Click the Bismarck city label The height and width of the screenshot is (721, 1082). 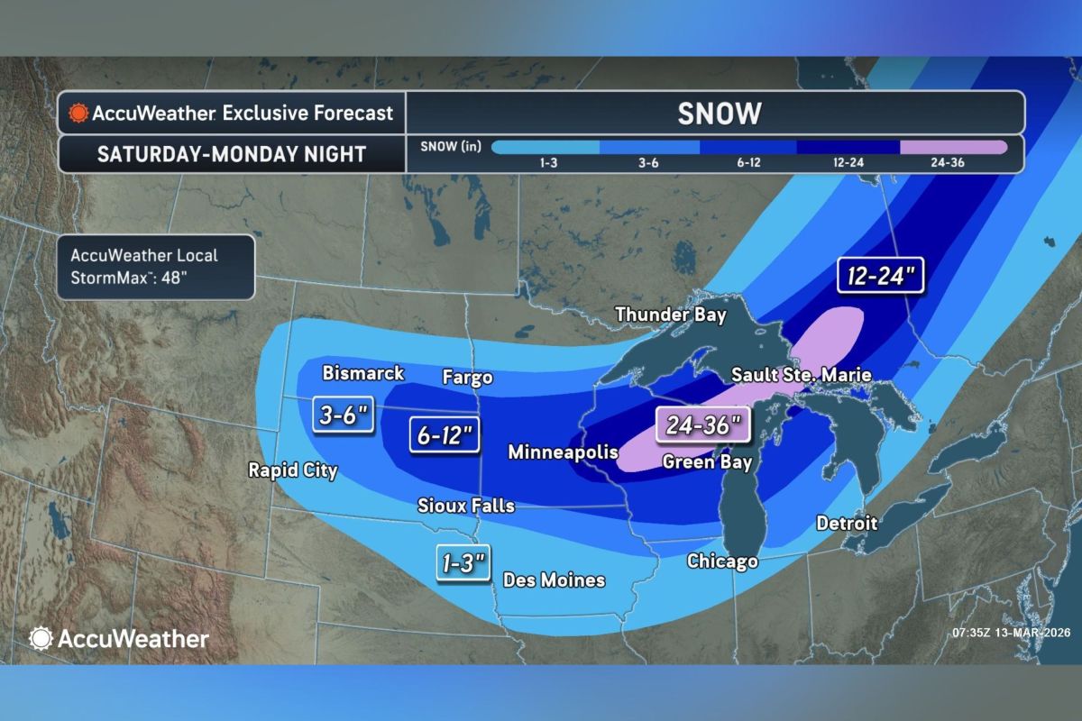[x=363, y=373]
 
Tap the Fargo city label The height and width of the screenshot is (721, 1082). [x=467, y=377]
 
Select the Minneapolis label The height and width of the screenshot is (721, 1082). [x=563, y=452]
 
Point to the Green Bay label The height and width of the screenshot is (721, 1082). [x=706, y=462]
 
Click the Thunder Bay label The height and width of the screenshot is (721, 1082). [x=671, y=314]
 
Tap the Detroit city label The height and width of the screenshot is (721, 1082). [x=847, y=523]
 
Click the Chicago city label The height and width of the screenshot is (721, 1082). [x=721, y=561]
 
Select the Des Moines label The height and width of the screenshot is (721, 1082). [x=554, y=580]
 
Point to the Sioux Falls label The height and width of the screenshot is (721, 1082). [x=466, y=506]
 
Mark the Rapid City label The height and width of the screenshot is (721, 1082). [x=293, y=470]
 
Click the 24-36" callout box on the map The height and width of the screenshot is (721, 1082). [x=703, y=424]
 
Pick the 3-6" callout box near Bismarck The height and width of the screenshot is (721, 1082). [x=344, y=415]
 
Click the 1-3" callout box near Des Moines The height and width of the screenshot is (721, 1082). [x=464, y=564]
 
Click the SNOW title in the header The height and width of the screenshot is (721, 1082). [x=720, y=113]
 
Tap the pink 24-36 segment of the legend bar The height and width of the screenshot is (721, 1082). [x=953, y=147]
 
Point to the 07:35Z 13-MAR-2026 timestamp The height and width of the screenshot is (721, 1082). [x=1010, y=633]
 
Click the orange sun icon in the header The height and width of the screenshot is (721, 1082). [x=78, y=114]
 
